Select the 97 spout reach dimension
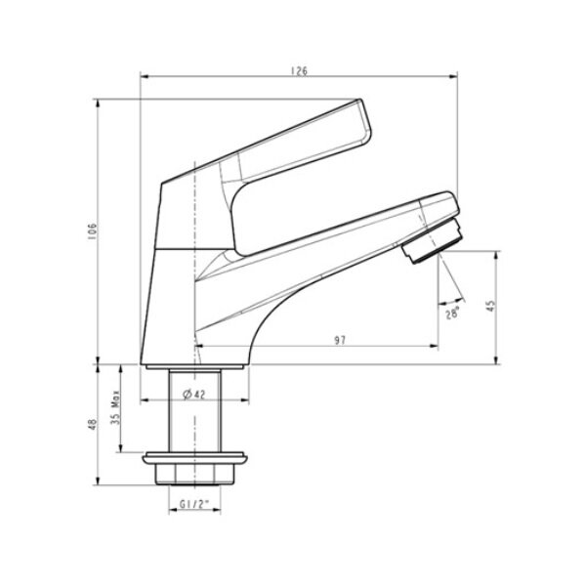pyautogui.click(x=339, y=339)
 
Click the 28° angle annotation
pyautogui.click(x=452, y=314)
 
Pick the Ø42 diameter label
pyautogui.click(x=193, y=394)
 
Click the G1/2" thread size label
pyautogui.click(x=195, y=506)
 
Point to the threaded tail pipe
pyautogui.click(x=194, y=410)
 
